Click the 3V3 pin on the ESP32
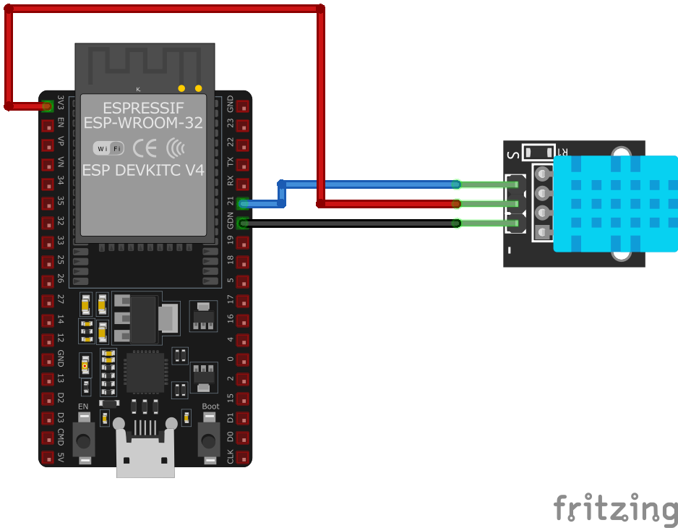click(x=48, y=106)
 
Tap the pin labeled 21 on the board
click(x=243, y=204)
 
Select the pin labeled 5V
click(x=48, y=458)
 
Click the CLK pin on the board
click(x=243, y=458)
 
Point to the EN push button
click(x=85, y=437)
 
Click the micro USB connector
click(x=145, y=452)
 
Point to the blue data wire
click(x=369, y=184)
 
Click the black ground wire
click(x=347, y=223)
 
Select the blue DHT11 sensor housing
click(x=615, y=203)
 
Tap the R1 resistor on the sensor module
click(x=538, y=152)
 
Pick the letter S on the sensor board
click(x=513, y=154)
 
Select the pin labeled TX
click(x=243, y=165)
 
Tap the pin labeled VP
click(x=48, y=145)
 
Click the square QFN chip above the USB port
click(x=146, y=372)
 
